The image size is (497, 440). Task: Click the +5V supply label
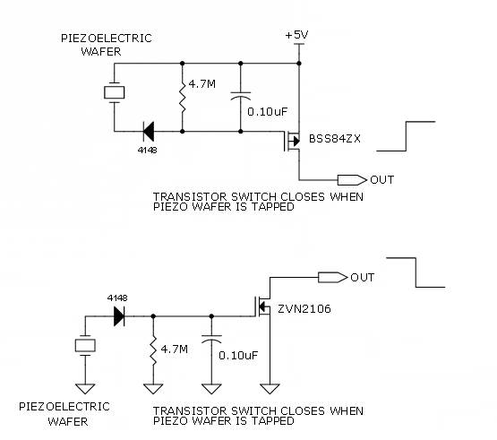point(296,35)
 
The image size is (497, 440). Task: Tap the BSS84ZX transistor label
point(335,139)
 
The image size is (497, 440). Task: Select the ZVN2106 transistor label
point(304,308)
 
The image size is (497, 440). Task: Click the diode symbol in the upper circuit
point(149,132)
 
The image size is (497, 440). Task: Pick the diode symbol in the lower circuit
point(119,316)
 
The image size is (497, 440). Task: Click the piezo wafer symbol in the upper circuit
point(114,92)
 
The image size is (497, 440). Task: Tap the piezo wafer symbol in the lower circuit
point(85,346)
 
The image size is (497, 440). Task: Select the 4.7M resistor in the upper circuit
point(183,97)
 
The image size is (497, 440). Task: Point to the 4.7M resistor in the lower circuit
point(153,349)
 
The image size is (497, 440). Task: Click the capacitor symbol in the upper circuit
point(241,96)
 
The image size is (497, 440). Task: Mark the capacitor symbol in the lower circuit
point(211,339)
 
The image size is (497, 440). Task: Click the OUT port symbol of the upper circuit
point(352,180)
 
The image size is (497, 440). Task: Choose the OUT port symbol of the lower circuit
point(333,277)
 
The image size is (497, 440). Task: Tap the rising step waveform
point(406,136)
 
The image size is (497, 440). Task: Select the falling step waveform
point(416,272)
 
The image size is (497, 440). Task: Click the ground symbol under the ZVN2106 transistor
point(270,389)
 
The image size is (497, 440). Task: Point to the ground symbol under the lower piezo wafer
point(85,389)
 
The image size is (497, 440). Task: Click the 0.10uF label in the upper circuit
point(267,112)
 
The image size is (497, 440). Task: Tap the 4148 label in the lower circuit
point(117,298)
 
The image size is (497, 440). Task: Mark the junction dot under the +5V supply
point(299,64)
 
